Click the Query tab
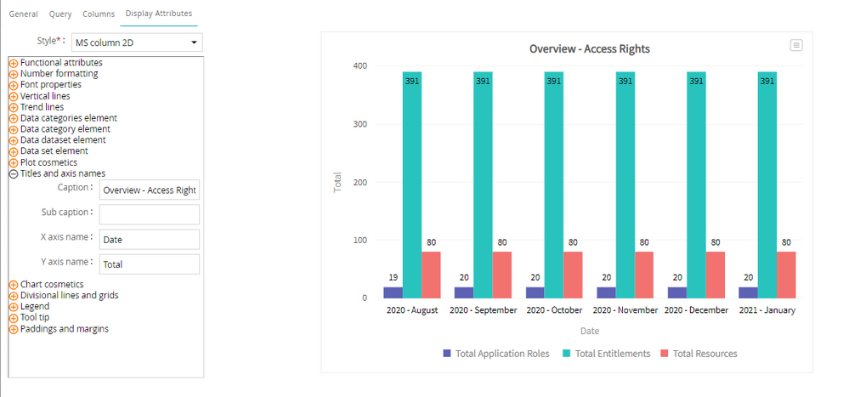[x=60, y=14]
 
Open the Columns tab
[x=99, y=14]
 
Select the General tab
[x=23, y=14]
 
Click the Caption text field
[x=149, y=190]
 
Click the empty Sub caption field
[x=149, y=214]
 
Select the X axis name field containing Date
[x=149, y=240]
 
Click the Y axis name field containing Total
[x=149, y=264]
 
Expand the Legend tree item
[x=14, y=307]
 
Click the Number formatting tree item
[x=59, y=74]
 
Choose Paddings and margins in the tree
[x=64, y=329]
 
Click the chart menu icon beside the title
[x=796, y=45]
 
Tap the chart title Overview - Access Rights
[x=589, y=49]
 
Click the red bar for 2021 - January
[x=786, y=275]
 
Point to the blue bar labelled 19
[x=393, y=292]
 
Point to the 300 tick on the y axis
[x=359, y=125]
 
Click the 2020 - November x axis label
[x=625, y=310]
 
